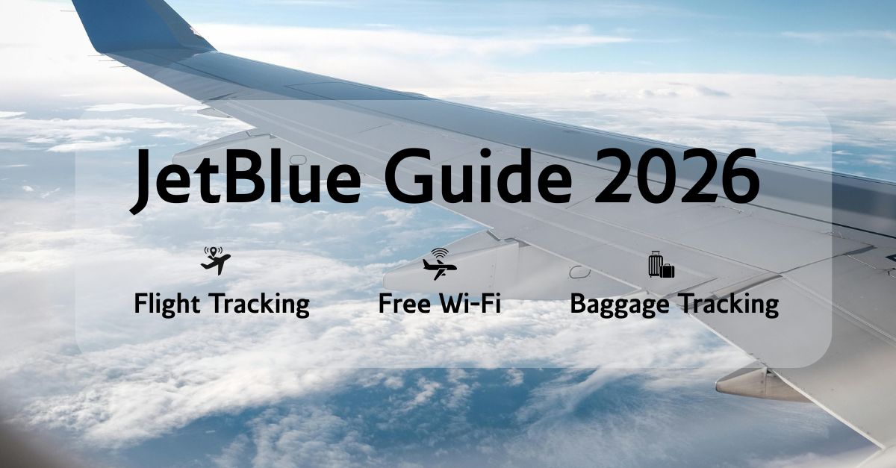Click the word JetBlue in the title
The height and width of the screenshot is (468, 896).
[245, 178]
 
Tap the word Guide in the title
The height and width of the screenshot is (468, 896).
[478, 175]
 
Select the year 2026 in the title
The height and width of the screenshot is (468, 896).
[676, 176]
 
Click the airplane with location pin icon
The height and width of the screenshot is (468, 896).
[216, 260]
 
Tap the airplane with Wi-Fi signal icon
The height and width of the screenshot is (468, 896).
[440, 264]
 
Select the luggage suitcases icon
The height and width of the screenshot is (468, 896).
[662, 264]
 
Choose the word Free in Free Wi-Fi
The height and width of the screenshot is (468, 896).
[405, 303]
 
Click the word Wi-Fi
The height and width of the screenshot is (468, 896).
[470, 303]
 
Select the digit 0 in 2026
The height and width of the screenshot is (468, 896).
[656, 176]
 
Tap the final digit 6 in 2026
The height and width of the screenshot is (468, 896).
[740, 176]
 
